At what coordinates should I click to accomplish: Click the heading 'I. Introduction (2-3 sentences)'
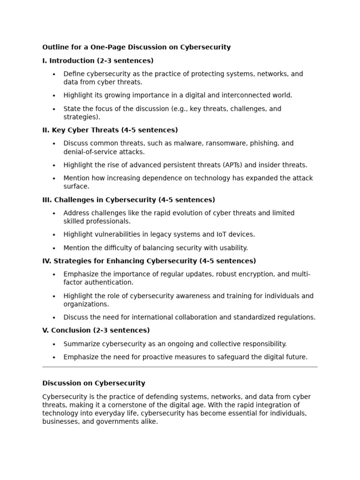pyautogui.click(x=98, y=60)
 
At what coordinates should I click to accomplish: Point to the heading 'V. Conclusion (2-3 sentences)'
pyautogui.click(x=96, y=330)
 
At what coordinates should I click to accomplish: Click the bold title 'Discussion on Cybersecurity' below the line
pyautogui.click(x=94, y=383)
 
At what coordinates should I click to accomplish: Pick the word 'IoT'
pyautogui.click(x=223, y=234)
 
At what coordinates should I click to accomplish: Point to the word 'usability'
pyautogui.click(x=232, y=248)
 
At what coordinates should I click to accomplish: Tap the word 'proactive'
pyautogui.click(x=161, y=357)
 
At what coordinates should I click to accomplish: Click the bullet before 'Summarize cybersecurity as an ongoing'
pyautogui.click(x=54, y=344)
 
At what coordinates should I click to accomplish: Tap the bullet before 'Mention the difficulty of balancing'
pyautogui.click(x=54, y=248)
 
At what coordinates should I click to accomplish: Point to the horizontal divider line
pyautogui.click(x=180, y=367)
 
